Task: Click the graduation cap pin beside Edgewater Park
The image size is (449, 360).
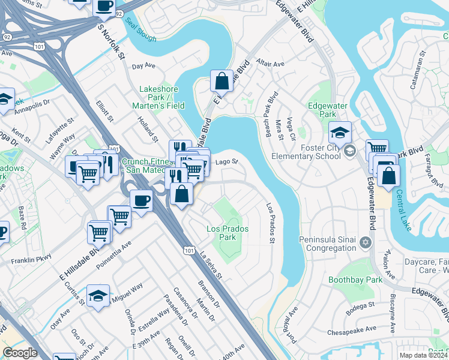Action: click(340, 132)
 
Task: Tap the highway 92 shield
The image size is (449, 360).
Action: click(119, 13)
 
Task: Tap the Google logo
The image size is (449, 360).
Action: click(20, 352)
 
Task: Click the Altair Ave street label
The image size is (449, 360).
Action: click(270, 64)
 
